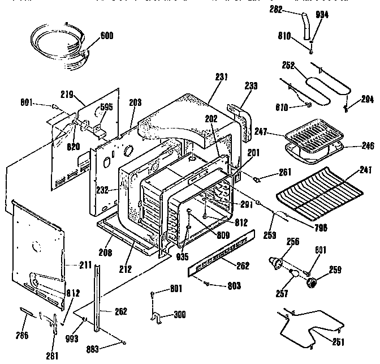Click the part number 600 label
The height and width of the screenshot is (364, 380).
(x=106, y=36)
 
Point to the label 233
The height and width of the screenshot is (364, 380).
(x=251, y=86)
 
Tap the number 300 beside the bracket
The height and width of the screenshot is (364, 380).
(x=179, y=314)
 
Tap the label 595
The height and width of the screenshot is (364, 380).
(x=106, y=106)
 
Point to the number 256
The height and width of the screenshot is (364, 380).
(x=293, y=242)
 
